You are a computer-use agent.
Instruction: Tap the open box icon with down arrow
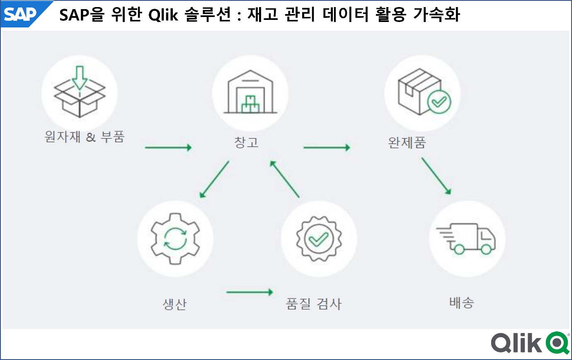[80, 92]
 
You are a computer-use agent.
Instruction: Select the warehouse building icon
[250, 92]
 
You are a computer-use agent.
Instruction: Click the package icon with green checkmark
[424, 92]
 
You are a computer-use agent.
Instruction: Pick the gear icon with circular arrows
[175, 238]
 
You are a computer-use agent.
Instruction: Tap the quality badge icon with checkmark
[319, 239]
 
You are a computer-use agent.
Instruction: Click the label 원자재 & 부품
[85, 137]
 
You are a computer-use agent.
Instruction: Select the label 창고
[247, 142]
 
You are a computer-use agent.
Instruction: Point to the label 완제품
[407, 143]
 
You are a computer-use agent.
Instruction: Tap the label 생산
[175, 304]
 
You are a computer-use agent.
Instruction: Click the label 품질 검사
[314, 304]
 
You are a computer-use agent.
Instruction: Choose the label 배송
[462, 303]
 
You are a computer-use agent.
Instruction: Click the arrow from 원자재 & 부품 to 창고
[169, 147]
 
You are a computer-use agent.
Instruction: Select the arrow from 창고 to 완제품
[327, 147]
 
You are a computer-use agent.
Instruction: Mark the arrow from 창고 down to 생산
[214, 179]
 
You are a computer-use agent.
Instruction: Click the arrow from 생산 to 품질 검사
[250, 292]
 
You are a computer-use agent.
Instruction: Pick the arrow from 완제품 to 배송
[436, 176]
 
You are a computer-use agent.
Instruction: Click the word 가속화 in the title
[436, 14]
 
